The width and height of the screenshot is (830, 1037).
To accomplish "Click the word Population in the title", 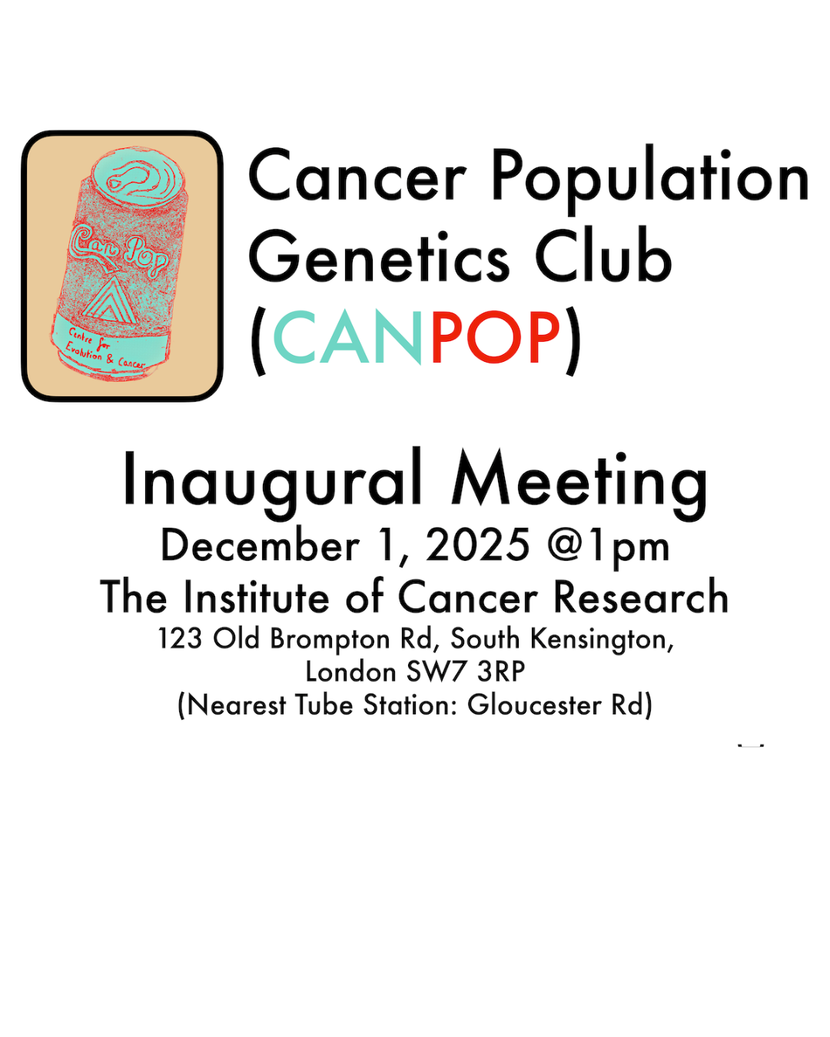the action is (650, 179).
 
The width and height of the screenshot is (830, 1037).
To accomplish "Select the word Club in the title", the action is (603, 254).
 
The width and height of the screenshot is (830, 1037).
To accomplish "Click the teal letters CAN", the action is (347, 337).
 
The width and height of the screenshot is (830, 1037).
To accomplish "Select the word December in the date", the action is (261, 545).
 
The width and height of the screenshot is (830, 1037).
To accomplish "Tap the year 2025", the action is (478, 545).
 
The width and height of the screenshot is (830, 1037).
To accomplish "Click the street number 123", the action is (180, 639).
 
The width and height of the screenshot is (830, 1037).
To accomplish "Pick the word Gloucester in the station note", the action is (534, 705).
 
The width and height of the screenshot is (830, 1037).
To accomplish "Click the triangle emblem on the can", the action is (104, 300).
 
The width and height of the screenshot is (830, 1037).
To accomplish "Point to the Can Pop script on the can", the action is (119, 250).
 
